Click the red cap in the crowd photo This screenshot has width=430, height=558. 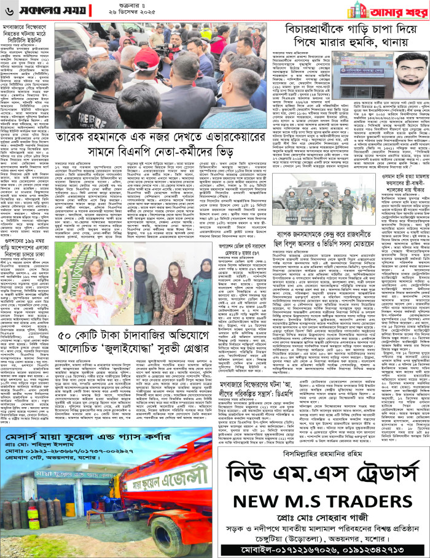point(147,61)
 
